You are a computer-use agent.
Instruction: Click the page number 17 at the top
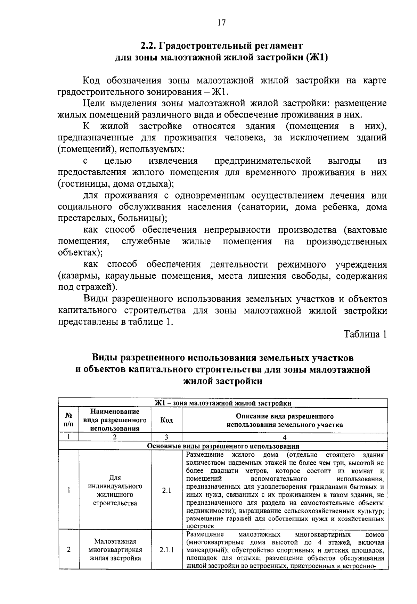222,23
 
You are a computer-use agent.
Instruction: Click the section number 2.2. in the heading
149,46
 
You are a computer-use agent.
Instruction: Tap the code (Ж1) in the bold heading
317,57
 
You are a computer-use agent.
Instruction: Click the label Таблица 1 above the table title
365,334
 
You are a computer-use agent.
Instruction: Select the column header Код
166,420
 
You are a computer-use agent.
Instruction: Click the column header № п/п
68,420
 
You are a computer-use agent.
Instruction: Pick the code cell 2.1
166,491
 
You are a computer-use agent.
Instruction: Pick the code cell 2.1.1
166,550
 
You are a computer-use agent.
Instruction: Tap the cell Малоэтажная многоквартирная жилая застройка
115,550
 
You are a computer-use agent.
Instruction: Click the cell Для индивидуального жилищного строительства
115,491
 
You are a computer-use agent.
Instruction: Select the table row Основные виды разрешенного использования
223,446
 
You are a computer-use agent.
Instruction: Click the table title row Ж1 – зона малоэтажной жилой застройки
223,403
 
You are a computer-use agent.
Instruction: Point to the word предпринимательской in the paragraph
262,161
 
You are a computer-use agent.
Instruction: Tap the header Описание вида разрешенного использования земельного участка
285,420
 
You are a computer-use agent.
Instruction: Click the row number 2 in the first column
68,550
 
